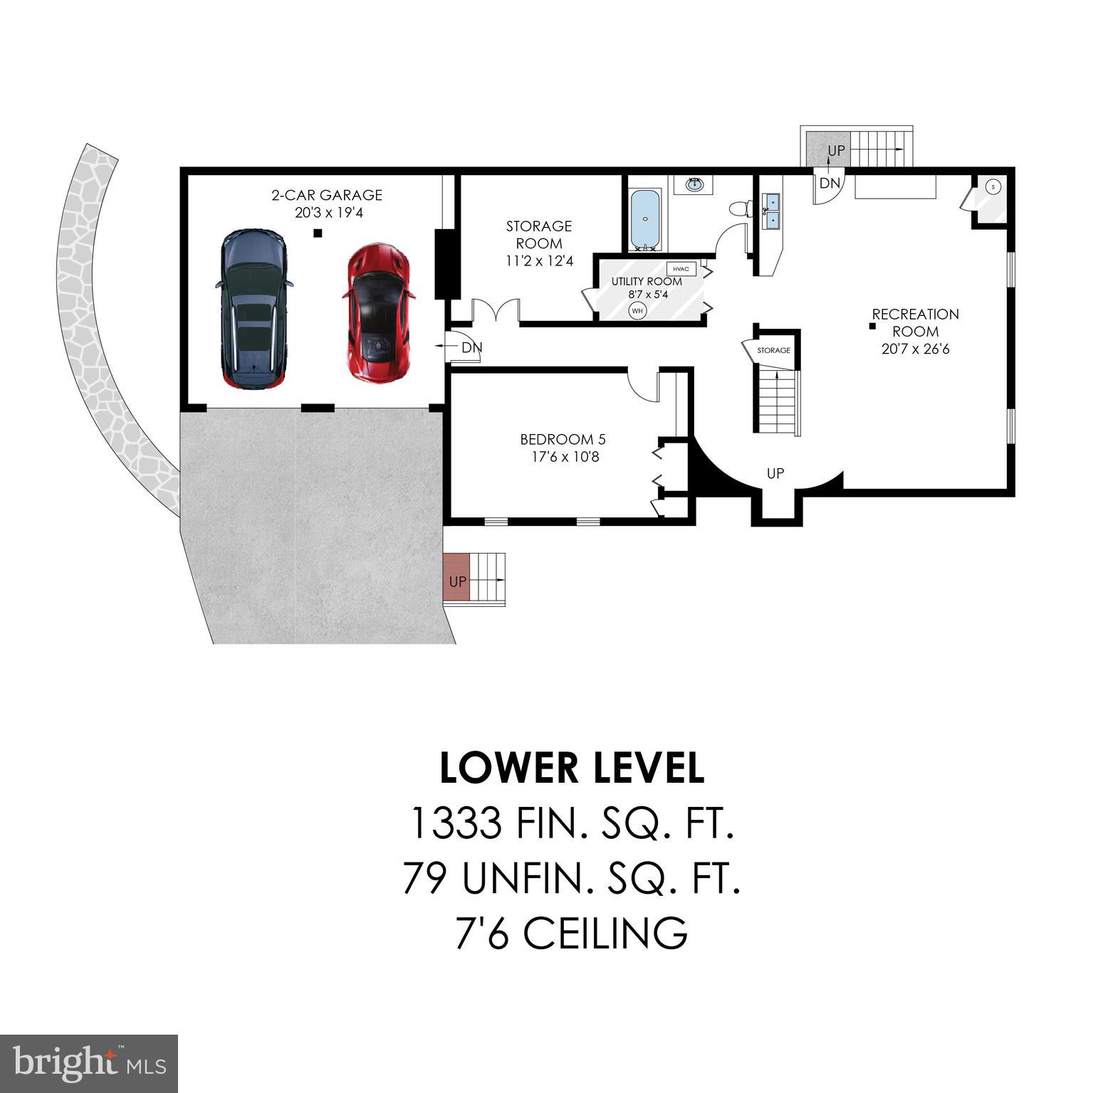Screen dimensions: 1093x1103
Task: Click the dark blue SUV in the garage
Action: [x=254, y=308]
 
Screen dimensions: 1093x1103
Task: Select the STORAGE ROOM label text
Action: [x=539, y=235]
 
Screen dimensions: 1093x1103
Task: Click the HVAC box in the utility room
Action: [x=681, y=269]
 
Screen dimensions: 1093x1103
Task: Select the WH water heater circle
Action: [x=637, y=310]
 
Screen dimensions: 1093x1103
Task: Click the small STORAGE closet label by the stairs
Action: [x=773, y=350]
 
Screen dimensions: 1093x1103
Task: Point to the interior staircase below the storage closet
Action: [x=777, y=402]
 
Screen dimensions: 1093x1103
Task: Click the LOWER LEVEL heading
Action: [x=572, y=769]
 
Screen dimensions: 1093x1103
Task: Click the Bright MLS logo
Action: [x=89, y=1064]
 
